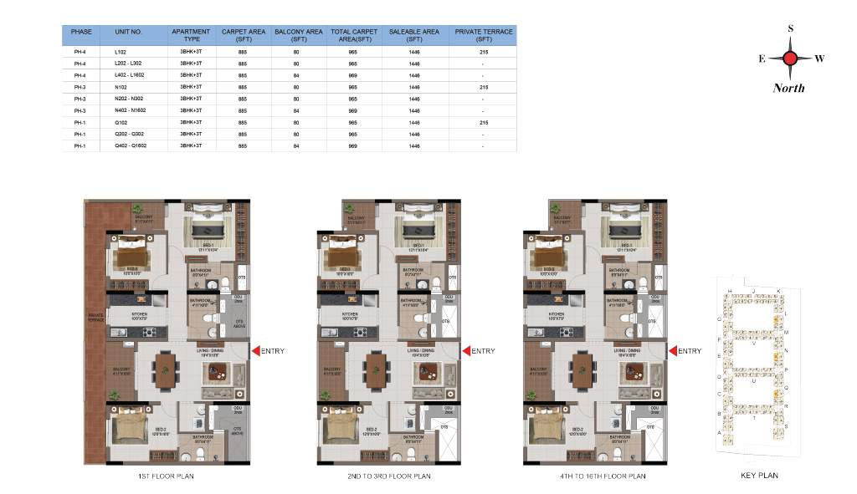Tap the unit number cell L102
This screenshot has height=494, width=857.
coord(121,52)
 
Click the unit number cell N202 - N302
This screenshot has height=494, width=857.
coord(129,99)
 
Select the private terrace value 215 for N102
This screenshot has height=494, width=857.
coord(483,87)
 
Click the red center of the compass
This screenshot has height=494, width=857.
coord(789,59)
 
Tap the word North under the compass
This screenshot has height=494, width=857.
coord(788,88)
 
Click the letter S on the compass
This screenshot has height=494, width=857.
coord(790,28)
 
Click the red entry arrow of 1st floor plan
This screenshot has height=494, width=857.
coord(255,351)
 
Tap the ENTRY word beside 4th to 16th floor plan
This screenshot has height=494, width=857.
coord(690,351)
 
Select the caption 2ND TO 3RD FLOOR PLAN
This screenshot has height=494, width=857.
coord(389,476)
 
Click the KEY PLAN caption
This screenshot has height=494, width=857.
coord(759,476)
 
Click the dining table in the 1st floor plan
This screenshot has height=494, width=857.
coord(167,369)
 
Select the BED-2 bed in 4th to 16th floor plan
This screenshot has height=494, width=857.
coord(545,426)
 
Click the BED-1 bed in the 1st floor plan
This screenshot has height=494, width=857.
coord(206,227)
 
